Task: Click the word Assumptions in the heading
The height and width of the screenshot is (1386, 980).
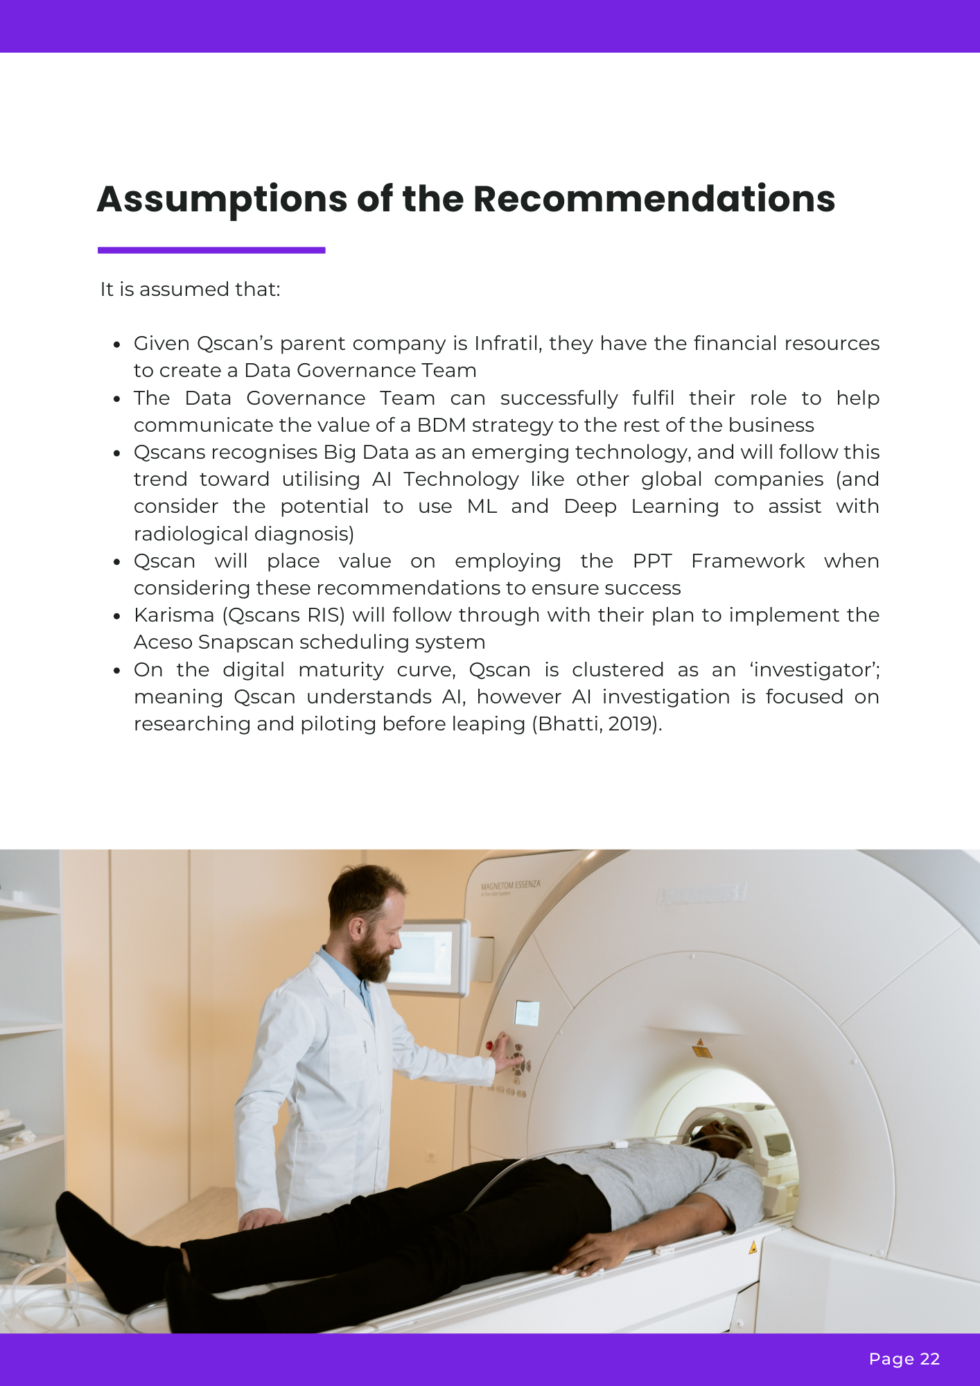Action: (221, 200)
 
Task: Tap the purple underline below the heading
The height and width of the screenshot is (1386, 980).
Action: (211, 250)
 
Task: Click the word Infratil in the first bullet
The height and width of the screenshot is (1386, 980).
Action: (506, 344)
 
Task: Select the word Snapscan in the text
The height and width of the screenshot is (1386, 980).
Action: (230, 642)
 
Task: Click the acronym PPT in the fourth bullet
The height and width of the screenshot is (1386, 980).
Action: (652, 561)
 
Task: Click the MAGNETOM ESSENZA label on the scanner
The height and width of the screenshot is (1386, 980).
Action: (510, 886)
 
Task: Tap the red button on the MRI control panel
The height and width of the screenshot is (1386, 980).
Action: (489, 1045)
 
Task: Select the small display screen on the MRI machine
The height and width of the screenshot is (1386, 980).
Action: (527, 1014)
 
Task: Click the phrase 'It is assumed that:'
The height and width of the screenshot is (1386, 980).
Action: (190, 290)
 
